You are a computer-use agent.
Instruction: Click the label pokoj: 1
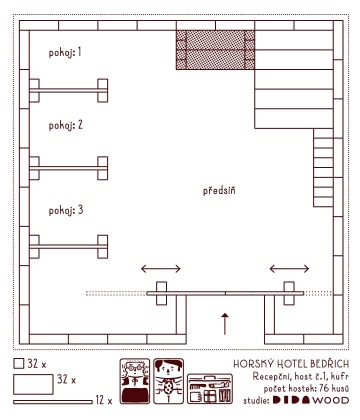pos(65,53)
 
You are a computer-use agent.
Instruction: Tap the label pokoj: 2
pos(66,125)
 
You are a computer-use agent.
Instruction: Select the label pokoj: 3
pos(66,210)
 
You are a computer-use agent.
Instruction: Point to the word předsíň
pos(219,190)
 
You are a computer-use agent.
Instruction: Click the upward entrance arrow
pos(225,324)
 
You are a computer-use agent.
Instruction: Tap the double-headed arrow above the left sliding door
pos(161,269)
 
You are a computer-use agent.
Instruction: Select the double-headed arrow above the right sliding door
pos(289,269)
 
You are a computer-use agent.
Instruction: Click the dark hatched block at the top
pos(215,50)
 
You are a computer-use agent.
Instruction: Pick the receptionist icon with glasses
pos(135,381)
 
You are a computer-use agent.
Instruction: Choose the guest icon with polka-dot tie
pos(169,381)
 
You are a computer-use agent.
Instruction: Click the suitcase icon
pos(210,389)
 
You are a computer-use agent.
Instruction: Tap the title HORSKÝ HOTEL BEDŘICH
pos(291,364)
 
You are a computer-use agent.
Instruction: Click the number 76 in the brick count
pos(325,389)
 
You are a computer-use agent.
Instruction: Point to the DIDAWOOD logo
pos(311,400)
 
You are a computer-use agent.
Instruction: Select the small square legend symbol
pos(19,364)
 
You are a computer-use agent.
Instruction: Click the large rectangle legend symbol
pos(33,384)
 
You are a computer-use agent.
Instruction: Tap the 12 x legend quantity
pos(104,400)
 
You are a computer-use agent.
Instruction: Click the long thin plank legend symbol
pos(53,402)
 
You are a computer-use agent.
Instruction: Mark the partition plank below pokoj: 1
pos(69,90)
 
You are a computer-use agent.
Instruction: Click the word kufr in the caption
pos(341,377)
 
